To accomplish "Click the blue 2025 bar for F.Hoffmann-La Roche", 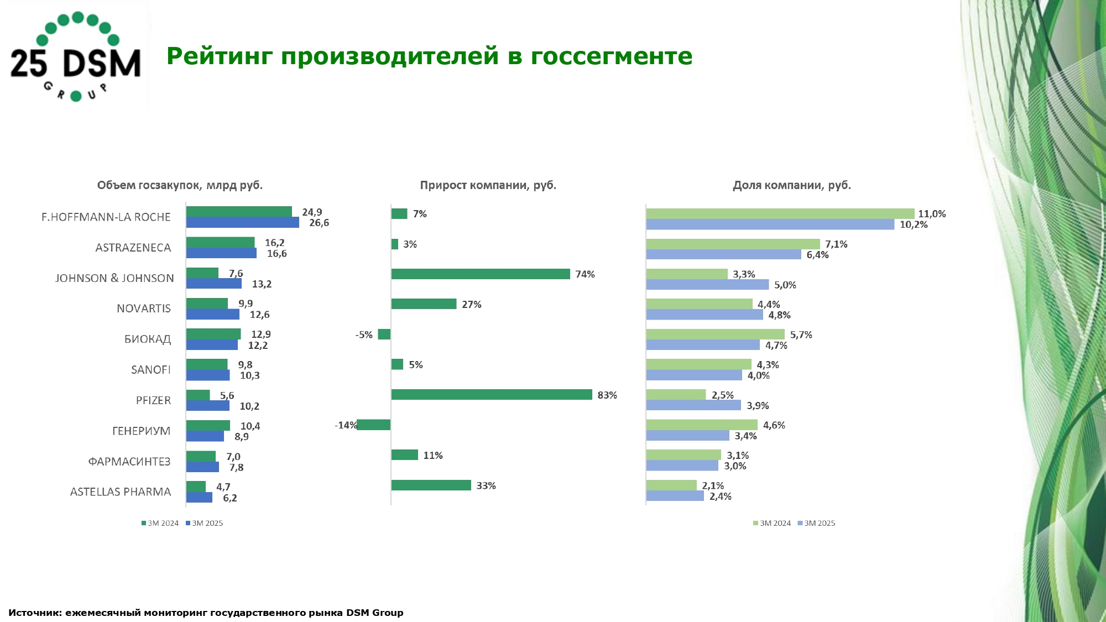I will (x=242, y=223).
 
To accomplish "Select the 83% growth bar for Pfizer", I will (x=491, y=395).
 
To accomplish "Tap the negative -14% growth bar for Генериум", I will (x=374, y=425).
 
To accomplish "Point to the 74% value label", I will (x=585, y=274).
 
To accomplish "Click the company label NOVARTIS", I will (x=144, y=309).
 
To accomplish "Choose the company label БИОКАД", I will (x=147, y=339).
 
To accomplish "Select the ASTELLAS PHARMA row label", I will (x=121, y=492).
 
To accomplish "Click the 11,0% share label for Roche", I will (x=932, y=214).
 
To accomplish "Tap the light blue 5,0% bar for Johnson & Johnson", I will (x=707, y=285).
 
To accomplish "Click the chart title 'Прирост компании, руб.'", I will (x=488, y=185).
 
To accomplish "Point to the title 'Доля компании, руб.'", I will (x=791, y=185).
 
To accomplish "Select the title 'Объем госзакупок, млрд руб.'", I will (x=180, y=185).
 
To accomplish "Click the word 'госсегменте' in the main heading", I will (x=611, y=56).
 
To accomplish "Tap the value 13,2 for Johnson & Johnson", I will (x=262, y=284).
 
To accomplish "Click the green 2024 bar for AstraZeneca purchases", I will (x=220, y=243).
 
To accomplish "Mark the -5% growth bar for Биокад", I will (x=384, y=334).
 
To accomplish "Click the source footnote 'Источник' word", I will (x=34, y=613).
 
